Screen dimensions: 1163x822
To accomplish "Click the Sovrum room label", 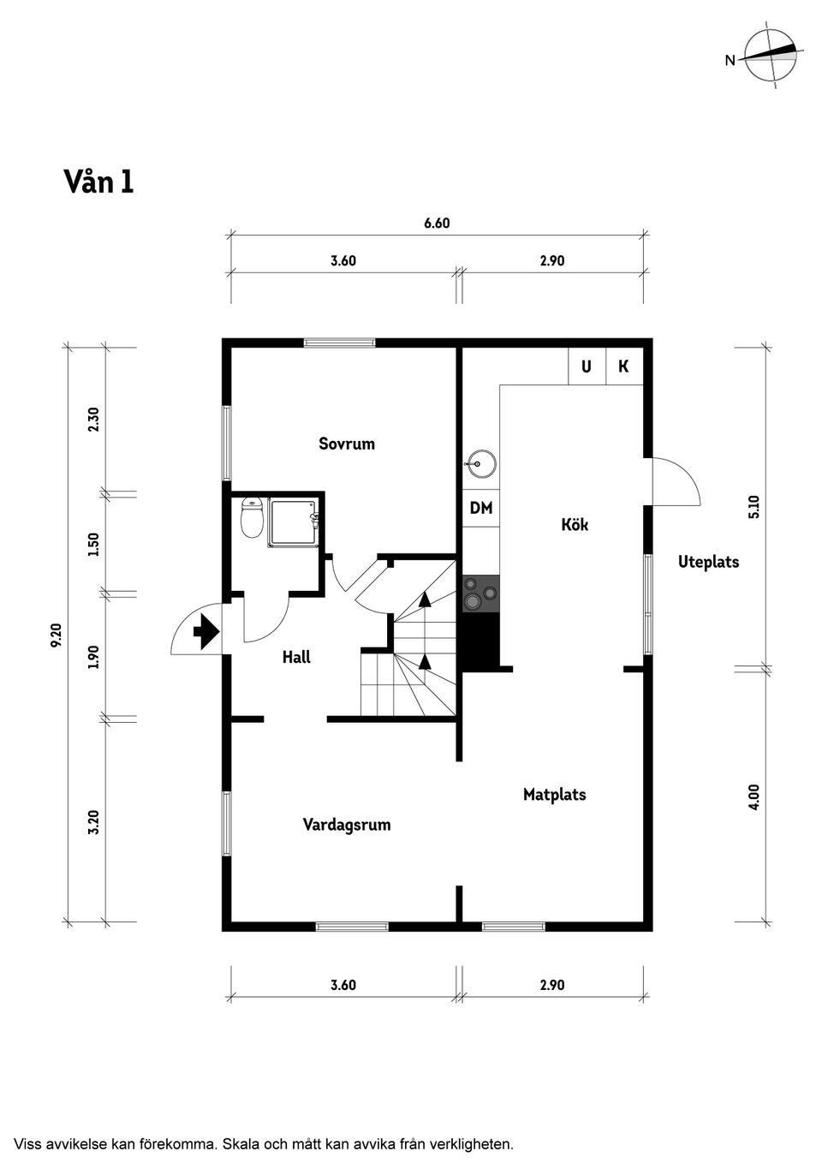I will click(x=347, y=444).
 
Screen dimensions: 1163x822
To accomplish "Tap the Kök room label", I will click(x=575, y=524).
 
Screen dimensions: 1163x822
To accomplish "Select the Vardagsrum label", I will click(x=347, y=825).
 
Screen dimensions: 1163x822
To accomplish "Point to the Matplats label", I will click(x=554, y=795).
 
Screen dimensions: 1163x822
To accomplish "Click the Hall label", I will click(x=296, y=657).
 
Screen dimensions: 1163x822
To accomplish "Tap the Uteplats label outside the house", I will click(x=708, y=563).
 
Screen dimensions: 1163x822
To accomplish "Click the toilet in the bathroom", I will click(x=252, y=519).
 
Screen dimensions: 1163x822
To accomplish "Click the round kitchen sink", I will click(x=481, y=465).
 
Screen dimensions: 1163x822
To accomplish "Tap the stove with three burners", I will click(x=480, y=593).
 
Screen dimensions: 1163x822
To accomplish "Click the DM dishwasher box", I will click(x=481, y=508).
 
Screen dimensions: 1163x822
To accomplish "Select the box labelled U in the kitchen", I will click(x=587, y=367).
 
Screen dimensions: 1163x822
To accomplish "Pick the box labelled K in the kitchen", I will click(x=623, y=367).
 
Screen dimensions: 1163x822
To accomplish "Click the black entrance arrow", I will click(x=206, y=633).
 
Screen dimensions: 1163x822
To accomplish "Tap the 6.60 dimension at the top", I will click(x=437, y=224).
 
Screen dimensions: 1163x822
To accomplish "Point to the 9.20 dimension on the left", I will click(x=57, y=635).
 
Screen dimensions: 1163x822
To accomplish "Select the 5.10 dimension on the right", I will click(x=753, y=507).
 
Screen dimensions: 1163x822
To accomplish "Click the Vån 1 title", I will click(x=98, y=182).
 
